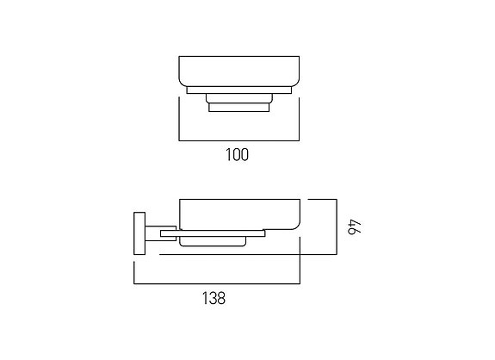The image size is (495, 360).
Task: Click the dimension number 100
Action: pyautogui.click(x=237, y=155)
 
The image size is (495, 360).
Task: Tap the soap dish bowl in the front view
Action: pyautogui.click(x=238, y=71)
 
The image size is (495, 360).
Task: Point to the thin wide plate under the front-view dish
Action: pyautogui.click(x=238, y=90)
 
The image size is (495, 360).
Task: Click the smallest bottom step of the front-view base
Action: pyautogui.click(x=238, y=108)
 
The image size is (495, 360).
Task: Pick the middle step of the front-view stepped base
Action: pyautogui.click(x=238, y=98)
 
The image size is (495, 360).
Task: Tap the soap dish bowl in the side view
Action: pyautogui.click(x=238, y=214)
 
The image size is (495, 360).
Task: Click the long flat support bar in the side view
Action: pyautogui.click(x=220, y=233)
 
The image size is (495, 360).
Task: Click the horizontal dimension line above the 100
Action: pyautogui.click(x=238, y=140)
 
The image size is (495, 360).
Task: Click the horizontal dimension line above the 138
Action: pyautogui.click(x=216, y=283)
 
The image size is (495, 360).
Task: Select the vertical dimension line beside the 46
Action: pyautogui.click(x=334, y=227)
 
